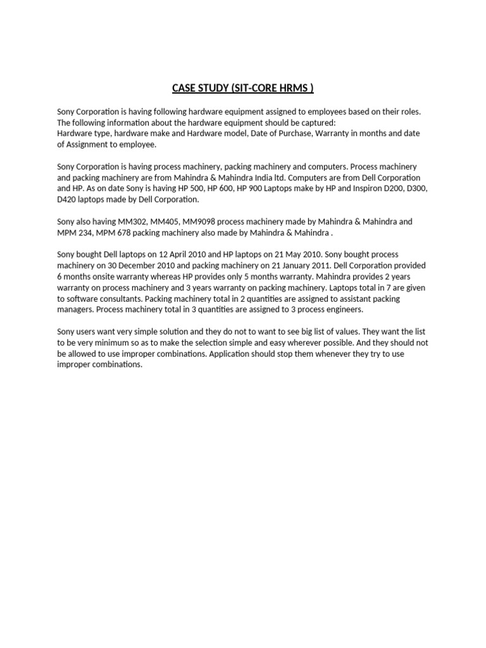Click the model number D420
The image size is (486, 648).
click(68, 199)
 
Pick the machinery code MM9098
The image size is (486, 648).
click(198, 222)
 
